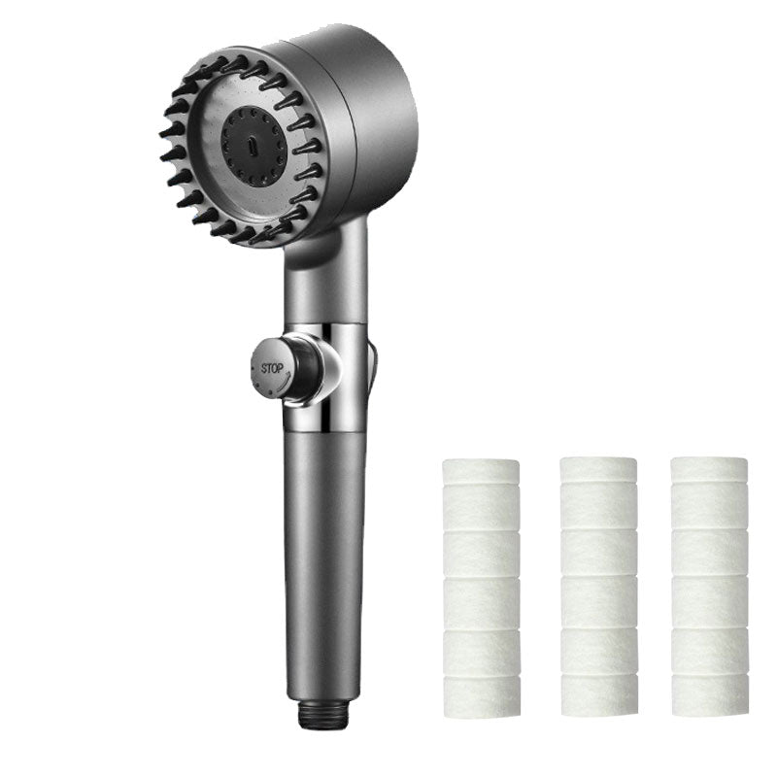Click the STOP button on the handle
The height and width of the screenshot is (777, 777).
(x=273, y=369)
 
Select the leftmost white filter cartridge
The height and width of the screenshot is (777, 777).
(x=481, y=587)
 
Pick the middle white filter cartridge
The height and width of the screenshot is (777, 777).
(x=598, y=587)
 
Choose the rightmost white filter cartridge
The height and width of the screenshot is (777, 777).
(x=710, y=587)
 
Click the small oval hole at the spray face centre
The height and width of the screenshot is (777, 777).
(x=253, y=147)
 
